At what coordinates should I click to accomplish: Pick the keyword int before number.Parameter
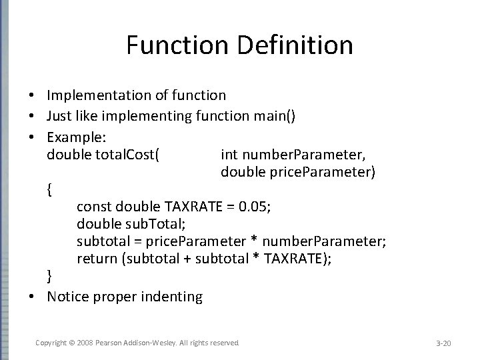(x=229, y=155)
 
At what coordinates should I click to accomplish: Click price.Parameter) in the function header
(x=329, y=173)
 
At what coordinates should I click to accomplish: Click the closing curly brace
(x=51, y=276)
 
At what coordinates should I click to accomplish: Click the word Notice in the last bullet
(x=69, y=296)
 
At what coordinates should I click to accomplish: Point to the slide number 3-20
(x=443, y=343)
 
